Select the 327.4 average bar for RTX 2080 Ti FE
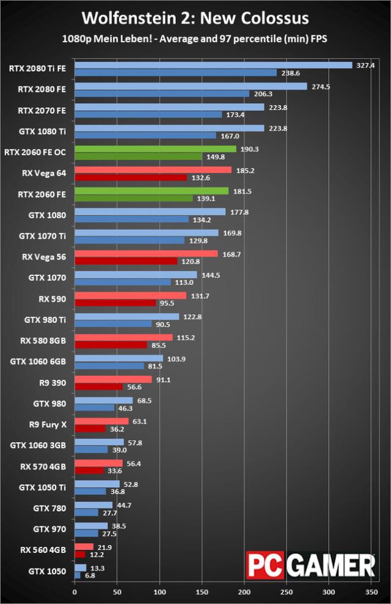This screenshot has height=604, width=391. point(213,65)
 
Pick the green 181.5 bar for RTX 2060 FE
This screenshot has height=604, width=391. point(152,191)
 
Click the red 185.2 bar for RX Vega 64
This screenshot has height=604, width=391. point(153,170)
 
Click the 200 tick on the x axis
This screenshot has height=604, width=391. point(244,591)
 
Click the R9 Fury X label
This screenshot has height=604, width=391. point(48,425)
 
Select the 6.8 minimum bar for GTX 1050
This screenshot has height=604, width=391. point(77,575)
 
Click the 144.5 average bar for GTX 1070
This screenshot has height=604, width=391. point(136,275)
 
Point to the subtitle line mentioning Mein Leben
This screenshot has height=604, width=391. point(195,38)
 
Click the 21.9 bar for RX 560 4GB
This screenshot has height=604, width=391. point(84,547)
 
